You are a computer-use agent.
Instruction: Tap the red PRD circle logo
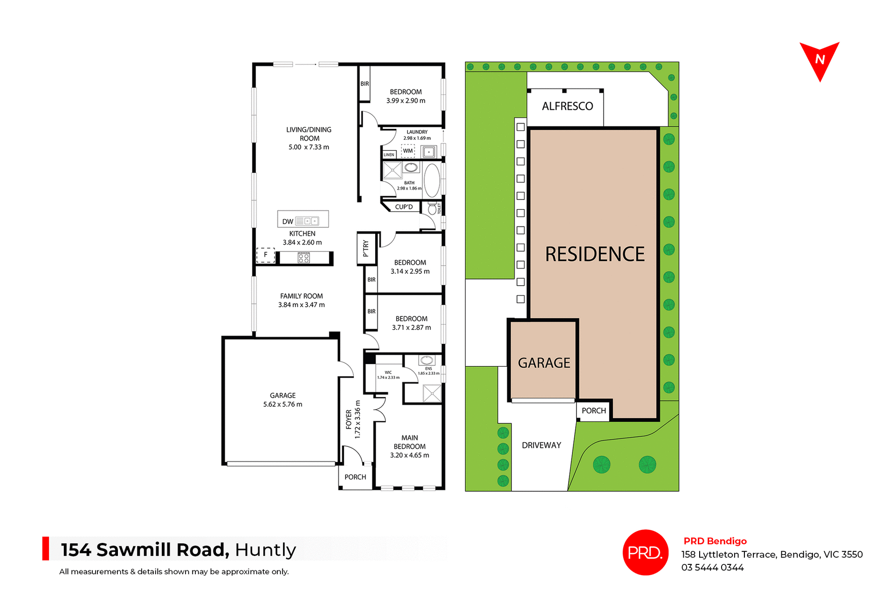(645, 552)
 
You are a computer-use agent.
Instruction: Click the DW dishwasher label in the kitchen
(288, 221)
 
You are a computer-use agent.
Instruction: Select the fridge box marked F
(266, 255)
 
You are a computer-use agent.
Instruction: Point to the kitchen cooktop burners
(303, 258)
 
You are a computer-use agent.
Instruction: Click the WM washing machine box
(408, 151)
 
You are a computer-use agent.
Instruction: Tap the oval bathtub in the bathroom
(432, 180)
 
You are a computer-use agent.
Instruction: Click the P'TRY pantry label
(366, 248)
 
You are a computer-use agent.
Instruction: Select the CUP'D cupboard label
(404, 207)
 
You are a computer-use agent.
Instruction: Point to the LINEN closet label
(389, 155)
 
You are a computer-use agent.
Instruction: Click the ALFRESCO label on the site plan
(567, 106)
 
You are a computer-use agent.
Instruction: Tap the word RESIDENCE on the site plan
(595, 254)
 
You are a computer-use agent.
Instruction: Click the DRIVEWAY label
(541, 445)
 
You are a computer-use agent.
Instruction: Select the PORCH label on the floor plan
(355, 477)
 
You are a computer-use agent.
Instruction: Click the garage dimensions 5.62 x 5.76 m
(282, 404)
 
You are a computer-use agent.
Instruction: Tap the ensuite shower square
(432, 393)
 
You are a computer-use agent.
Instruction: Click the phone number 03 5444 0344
(712, 567)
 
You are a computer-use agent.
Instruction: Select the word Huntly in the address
(265, 550)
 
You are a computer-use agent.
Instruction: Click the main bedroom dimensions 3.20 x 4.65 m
(409, 455)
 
